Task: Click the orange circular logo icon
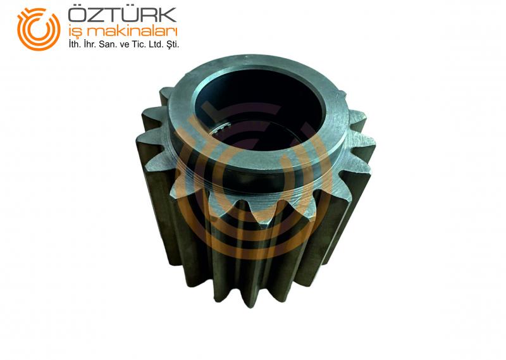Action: (x=39, y=29)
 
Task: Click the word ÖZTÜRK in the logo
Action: (x=122, y=15)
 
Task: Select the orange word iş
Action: (x=75, y=32)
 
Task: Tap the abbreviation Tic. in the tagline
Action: (x=137, y=44)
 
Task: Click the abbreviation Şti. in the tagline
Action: (x=171, y=45)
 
